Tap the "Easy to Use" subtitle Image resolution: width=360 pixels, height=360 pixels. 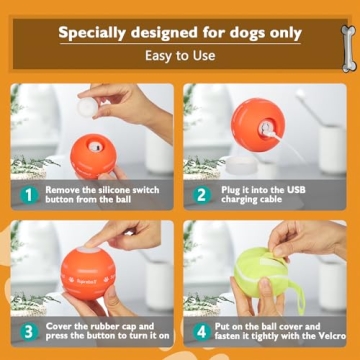pyautogui.click(x=180, y=56)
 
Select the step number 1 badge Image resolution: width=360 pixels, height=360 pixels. pyautogui.click(x=29, y=194)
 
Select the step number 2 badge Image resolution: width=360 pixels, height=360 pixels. pyautogui.click(x=202, y=194)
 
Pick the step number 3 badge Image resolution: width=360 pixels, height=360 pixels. pyautogui.click(x=29, y=331)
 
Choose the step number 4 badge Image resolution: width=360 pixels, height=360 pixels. pyautogui.click(x=202, y=331)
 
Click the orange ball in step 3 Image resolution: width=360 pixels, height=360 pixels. pyautogui.click(x=97, y=276)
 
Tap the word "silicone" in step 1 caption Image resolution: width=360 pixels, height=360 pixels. pyautogui.click(x=136, y=188)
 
